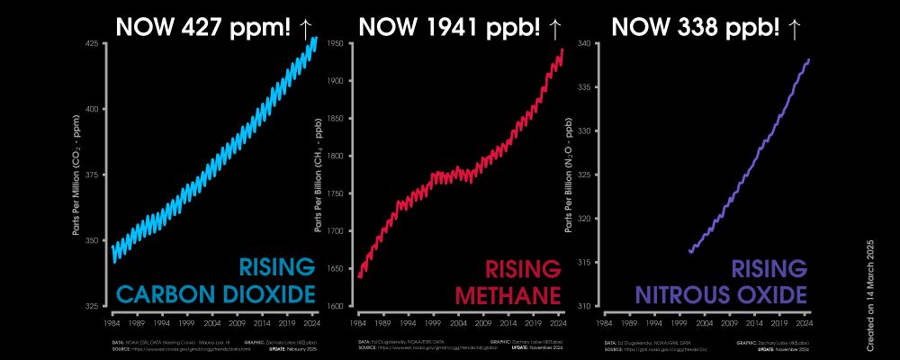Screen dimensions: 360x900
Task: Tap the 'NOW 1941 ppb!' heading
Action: click(450, 26)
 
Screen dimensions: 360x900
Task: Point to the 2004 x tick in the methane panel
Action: click(458, 321)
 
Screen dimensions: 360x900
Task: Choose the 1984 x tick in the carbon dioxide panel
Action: click(112, 321)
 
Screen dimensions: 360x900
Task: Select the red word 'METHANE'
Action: click(508, 294)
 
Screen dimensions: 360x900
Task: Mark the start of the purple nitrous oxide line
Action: click(689, 252)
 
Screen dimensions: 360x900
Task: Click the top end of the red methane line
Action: click(562, 50)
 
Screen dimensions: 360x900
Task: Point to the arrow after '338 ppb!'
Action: click(794, 26)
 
